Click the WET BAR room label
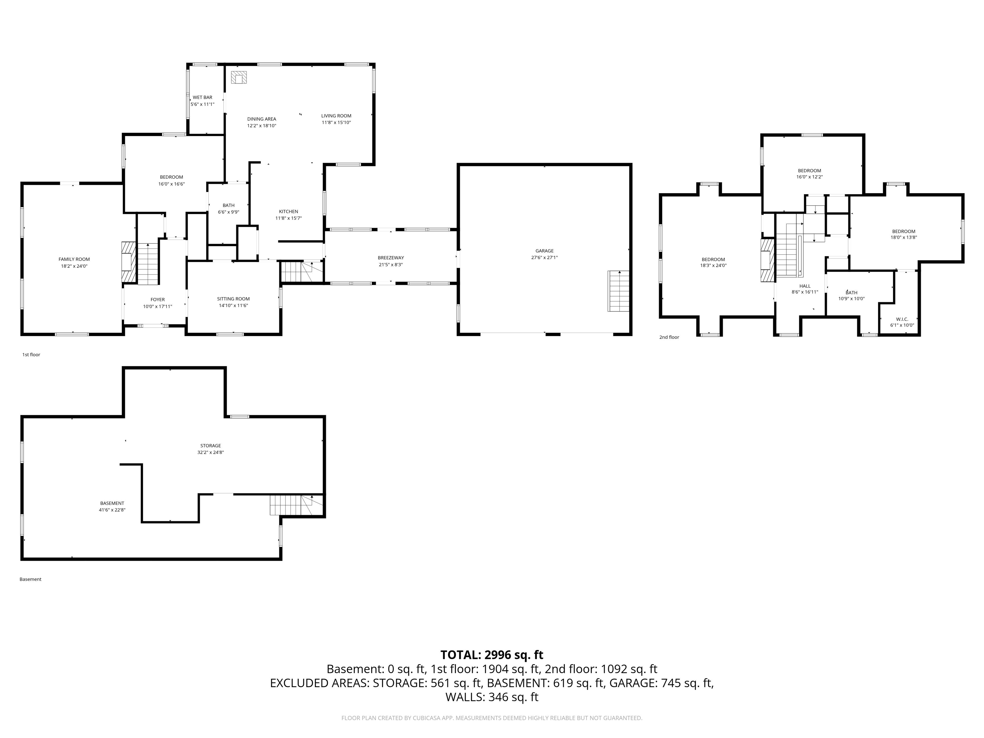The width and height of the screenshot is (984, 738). pos(202,97)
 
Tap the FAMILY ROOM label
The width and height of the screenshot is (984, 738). pos(74,259)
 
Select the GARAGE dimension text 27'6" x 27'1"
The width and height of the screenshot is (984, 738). pos(545,258)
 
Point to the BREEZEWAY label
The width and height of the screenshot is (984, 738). pos(391,258)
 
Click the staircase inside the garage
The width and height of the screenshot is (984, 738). pos(619,291)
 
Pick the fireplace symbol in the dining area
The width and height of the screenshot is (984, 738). pos(239,78)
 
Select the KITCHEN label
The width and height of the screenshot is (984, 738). pos(289,212)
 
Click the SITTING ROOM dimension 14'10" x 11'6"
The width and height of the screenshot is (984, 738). pos(234,306)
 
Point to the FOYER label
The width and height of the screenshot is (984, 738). pos(158,300)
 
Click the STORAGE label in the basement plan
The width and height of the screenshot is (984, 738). pos(210,446)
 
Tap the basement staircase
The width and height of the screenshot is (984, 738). pos(297,505)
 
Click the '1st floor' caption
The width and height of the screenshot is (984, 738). pos(31,355)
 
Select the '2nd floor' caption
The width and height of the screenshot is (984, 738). pos(669,337)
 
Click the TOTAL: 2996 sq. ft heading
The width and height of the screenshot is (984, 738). pos(492,655)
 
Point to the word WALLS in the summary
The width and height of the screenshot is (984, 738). pos(464,697)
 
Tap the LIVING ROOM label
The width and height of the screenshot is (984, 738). pos(336,116)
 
